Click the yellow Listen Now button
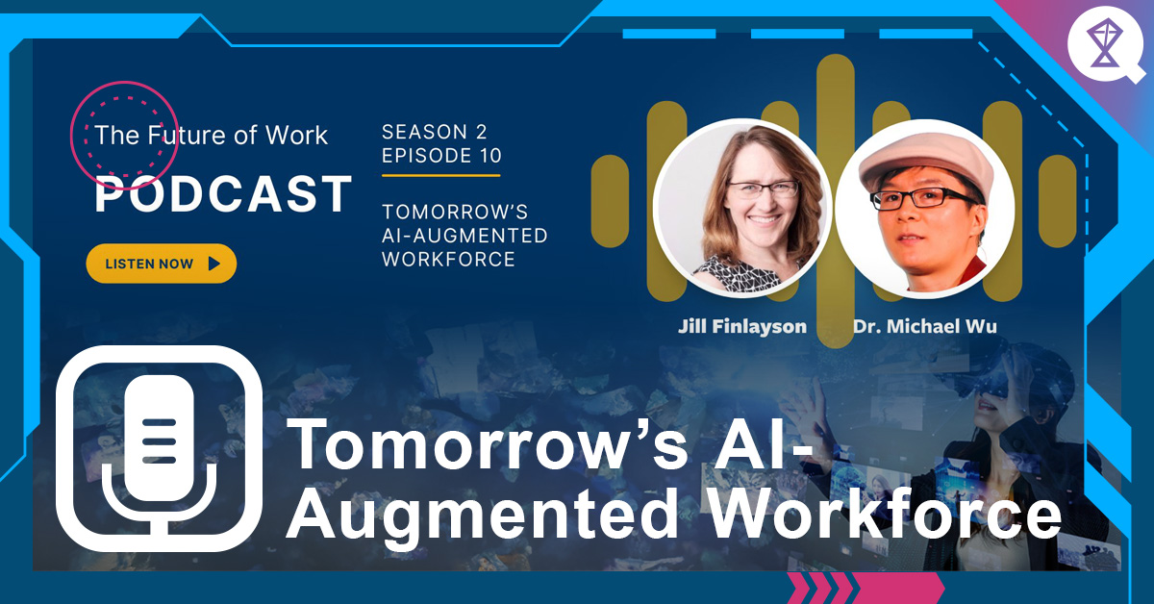click(161, 264)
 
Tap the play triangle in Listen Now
click(213, 264)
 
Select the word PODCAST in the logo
click(223, 195)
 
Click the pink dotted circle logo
click(122, 136)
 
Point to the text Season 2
click(434, 132)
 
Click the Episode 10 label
click(441, 156)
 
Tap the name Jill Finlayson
click(741, 326)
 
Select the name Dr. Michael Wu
click(924, 326)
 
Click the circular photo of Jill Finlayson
click(741, 207)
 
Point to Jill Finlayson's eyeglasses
click(763, 189)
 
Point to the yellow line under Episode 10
click(440, 175)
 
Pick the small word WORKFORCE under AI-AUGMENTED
click(448, 260)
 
